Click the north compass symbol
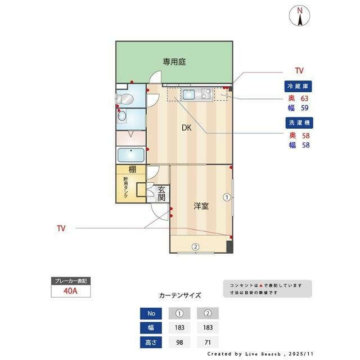coord(300,16)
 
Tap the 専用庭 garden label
coord(174,62)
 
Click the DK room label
coord(187,128)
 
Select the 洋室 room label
coord(201,206)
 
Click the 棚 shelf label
coord(132,170)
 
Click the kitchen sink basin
coord(189,94)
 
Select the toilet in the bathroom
coord(127,100)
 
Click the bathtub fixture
coord(131,155)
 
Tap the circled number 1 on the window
coord(226,197)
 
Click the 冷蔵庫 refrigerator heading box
coord(299,87)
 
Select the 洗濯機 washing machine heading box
coord(299,123)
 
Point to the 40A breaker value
coord(70,291)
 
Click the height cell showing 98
coord(181,342)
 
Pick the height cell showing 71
coord(208,342)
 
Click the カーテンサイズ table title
coord(180,295)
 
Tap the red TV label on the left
coord(61,228)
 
